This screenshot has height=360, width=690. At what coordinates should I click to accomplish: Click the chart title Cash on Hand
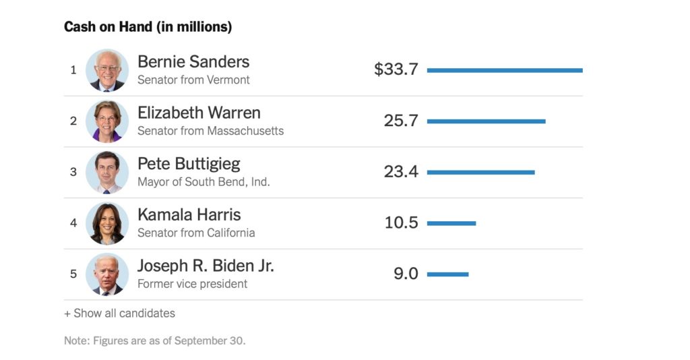(148, 27)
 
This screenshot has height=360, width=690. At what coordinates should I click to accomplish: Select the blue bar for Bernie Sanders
(504, 70)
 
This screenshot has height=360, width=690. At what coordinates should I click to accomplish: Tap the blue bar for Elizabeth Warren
(486, 121)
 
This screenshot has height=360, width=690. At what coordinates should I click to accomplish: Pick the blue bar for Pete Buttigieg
(480, 172)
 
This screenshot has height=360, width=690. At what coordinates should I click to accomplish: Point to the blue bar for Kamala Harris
(451, 223)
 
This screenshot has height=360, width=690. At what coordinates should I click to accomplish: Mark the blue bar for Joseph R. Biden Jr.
(447, 274)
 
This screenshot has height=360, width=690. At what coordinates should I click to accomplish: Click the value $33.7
(396, 69)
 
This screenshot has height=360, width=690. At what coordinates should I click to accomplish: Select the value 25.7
(401, 121)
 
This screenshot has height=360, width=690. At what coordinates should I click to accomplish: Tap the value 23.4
(401, 172)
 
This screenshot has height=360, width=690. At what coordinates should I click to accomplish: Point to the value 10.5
(401, 222)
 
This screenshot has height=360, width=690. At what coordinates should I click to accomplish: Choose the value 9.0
(406, 274)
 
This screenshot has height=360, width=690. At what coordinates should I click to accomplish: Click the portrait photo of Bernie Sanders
(107, 70)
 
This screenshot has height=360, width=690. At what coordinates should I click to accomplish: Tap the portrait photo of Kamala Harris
(107, 223)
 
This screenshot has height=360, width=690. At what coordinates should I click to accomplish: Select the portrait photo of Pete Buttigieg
(107, 173)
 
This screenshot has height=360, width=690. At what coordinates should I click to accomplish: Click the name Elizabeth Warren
(199, 113)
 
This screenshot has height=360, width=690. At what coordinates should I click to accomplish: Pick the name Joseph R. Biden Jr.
(206, 266)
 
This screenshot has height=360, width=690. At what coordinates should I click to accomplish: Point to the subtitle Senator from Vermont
(193, 80)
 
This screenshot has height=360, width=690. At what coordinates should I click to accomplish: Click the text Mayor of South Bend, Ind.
(203, 182)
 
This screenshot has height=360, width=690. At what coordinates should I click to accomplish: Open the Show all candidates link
(119, 313)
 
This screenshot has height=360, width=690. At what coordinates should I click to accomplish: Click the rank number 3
(73, 172)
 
